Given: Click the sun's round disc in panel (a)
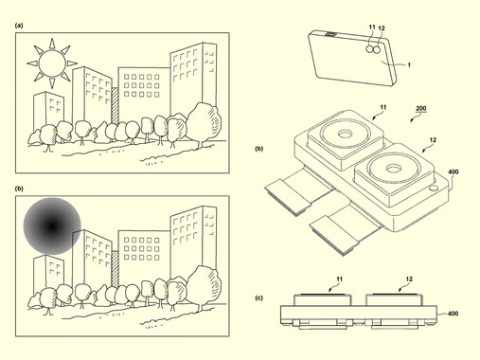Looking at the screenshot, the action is click(52, 63).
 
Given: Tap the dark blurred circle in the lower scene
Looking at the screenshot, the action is click(52, 226).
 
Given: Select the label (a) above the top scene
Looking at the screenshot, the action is click(19, 26).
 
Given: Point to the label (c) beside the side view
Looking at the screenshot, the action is click(258, 297).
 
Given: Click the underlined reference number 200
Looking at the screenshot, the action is click(421, 109).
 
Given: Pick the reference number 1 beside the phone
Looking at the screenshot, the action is click(409, 65).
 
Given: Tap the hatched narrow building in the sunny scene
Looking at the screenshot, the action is click(116, 105).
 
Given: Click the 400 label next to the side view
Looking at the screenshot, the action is click(453, 314).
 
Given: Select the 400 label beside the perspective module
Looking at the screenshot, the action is click(453, 172).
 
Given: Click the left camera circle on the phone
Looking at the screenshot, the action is click(370, 48).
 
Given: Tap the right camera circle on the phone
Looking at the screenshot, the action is click(376, 49).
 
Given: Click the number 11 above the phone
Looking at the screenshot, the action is click(372, 27).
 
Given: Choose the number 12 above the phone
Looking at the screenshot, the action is click(382, 28).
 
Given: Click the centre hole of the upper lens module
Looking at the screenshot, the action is click(345, 135).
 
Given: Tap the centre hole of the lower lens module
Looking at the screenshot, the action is click(394, 169).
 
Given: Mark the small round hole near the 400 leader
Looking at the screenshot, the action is click(435, 189).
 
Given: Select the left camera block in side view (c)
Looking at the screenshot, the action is click(323, 299).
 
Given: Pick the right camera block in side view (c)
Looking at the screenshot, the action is click(395, 299).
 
